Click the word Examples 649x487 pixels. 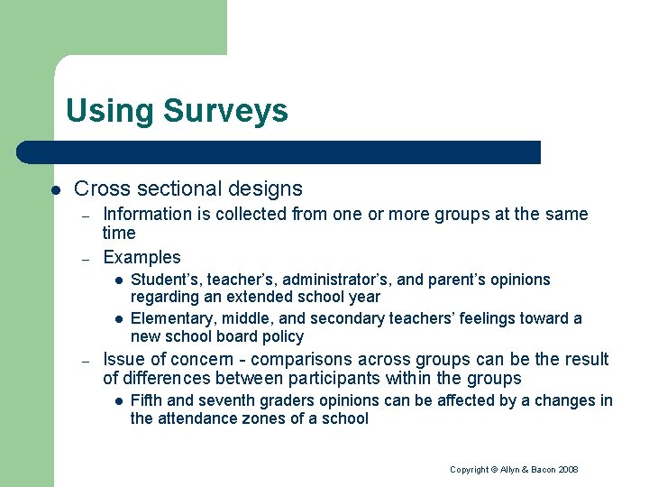click(142, 258)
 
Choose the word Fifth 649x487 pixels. click(147, 400)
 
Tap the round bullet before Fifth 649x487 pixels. click(117, 401)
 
